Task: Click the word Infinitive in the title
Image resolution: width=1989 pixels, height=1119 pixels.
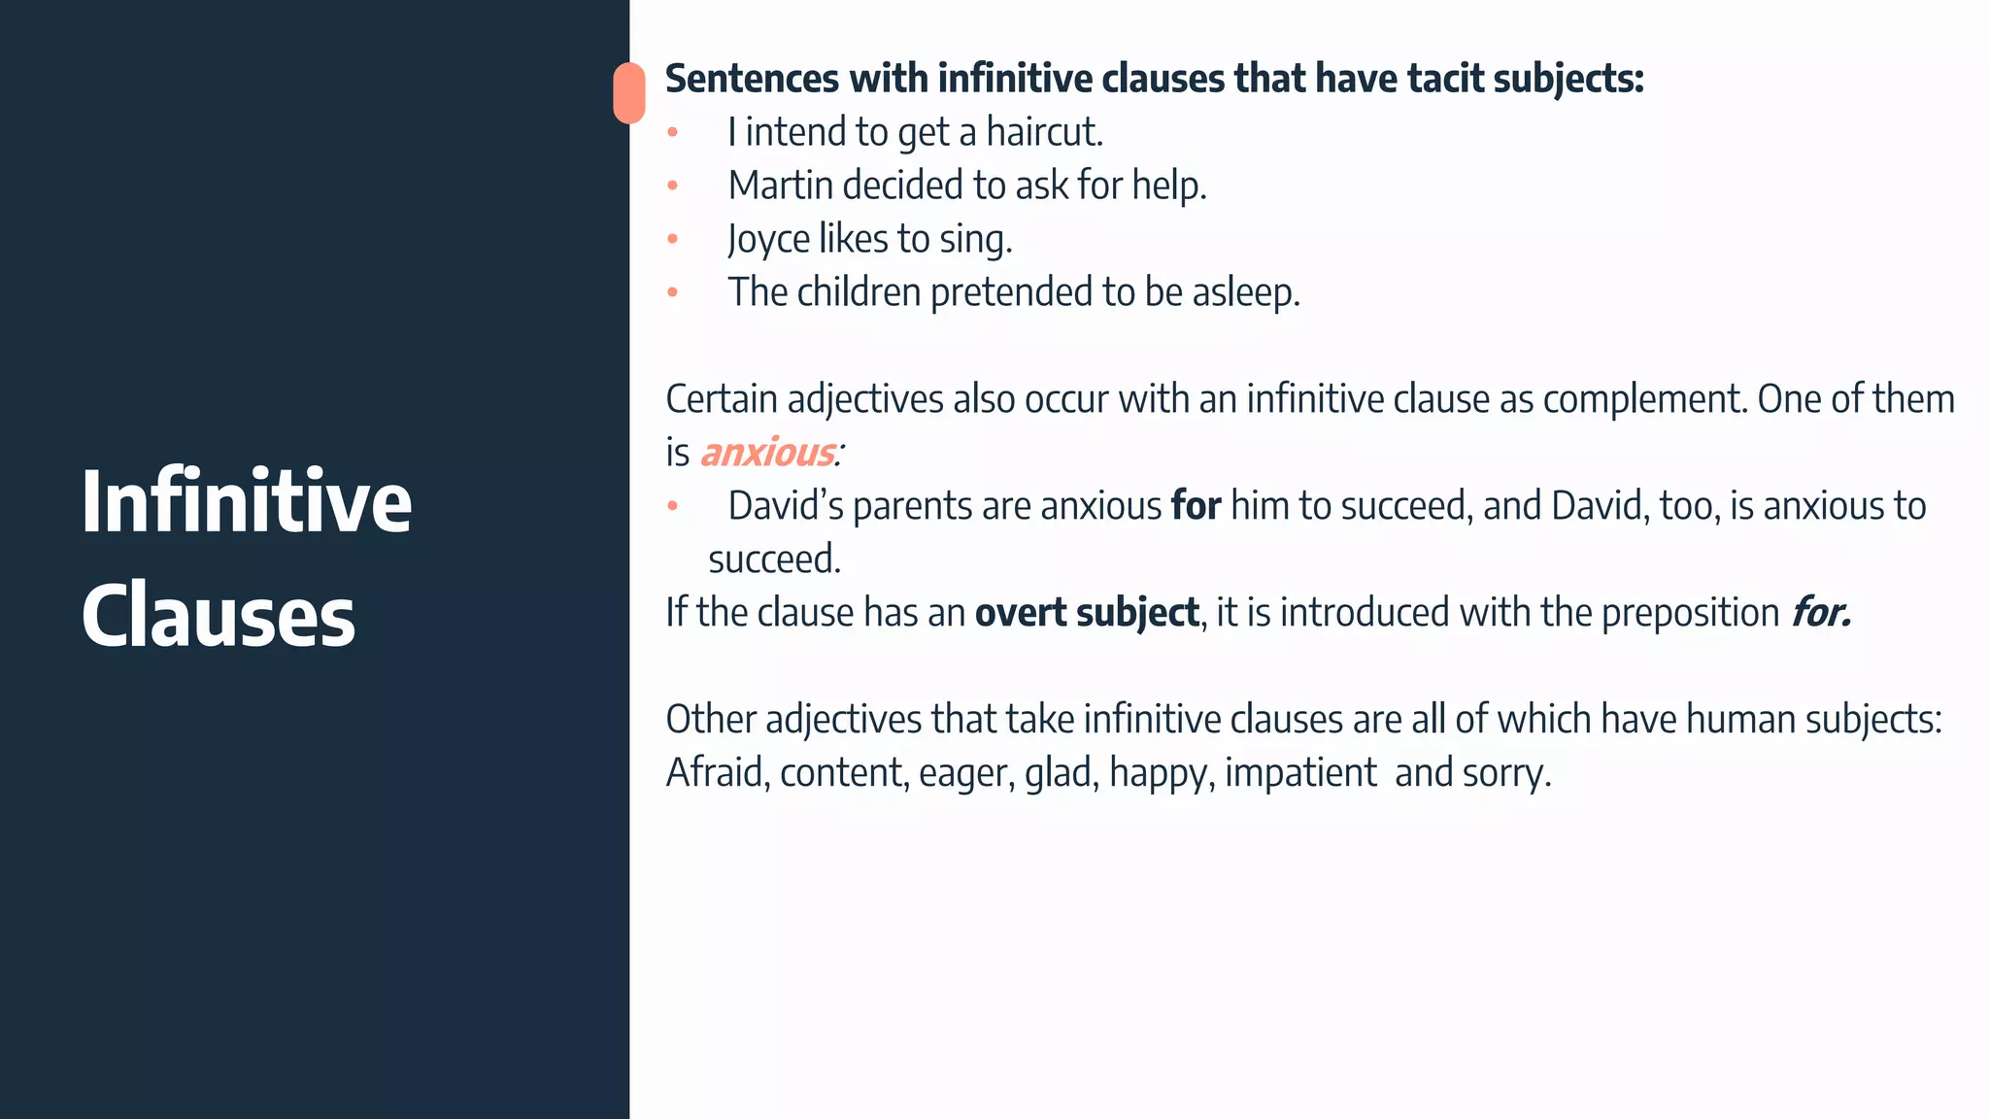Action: [x=247, y=501]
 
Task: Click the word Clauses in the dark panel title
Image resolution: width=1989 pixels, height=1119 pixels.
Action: [x=219, y=616]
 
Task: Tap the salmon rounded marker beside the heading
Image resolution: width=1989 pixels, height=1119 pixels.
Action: [x=629, y=93]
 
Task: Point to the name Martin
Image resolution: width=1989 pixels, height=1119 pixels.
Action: [x=780, y=186]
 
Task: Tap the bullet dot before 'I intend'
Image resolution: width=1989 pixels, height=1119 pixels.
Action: [x=672, y=132]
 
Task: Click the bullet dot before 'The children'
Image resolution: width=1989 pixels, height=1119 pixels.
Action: [x=672, y=292]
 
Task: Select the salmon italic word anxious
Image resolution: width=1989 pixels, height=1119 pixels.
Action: [x=767, y=453]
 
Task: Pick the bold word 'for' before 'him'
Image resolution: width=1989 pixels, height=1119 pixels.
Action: [x=1196, y=506]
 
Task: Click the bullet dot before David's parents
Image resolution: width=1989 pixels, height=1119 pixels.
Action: [x=672, y=506]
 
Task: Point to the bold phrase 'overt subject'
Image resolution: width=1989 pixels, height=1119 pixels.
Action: [x=1087, y=613]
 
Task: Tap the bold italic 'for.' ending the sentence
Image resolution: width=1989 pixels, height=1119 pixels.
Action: [x=1821, y=613]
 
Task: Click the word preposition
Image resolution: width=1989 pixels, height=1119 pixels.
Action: [x=1690, y=613]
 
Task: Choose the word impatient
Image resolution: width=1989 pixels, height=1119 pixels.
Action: [x=1300, y=773]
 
